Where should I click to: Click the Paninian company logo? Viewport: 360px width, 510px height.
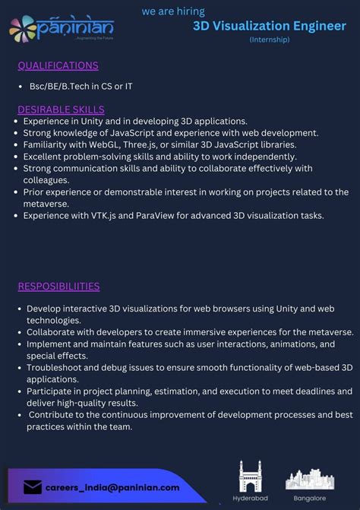tap(61, 28)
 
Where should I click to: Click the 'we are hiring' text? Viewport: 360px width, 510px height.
tap(172, 12)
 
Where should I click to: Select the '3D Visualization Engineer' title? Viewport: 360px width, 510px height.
tap(269, 26)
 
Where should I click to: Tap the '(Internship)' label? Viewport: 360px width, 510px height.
tap(270, 40)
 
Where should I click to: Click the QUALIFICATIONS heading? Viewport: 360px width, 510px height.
tap(58, 65)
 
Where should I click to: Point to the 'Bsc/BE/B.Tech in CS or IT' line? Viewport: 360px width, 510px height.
tap(81, 87)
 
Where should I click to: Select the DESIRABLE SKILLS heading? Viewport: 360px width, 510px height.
tap(61, 109)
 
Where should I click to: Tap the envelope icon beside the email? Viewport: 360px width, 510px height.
tap(33, 487)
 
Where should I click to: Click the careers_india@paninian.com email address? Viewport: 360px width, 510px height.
tap(112, 487)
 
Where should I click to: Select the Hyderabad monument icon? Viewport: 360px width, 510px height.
tap(250, 477)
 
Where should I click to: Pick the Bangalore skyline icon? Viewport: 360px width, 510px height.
tap(309, 479)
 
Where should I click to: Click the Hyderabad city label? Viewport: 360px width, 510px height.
tap(250, 499)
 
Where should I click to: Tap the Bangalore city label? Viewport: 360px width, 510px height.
tap(309, 499)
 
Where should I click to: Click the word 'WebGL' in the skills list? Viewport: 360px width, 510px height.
tap(99, 144)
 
